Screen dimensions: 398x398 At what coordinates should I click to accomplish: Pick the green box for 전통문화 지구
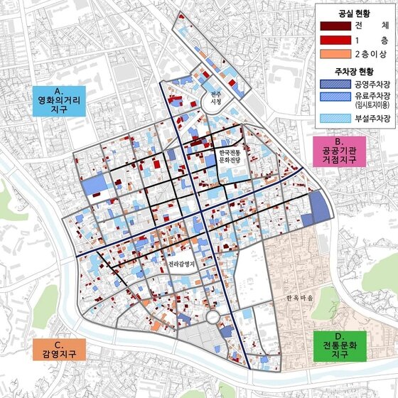click(x=339, y=345)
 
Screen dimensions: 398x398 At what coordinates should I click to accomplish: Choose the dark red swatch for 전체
click(x=331, y=26)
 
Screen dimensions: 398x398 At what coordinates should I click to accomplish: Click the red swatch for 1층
click(x=331, y=40)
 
